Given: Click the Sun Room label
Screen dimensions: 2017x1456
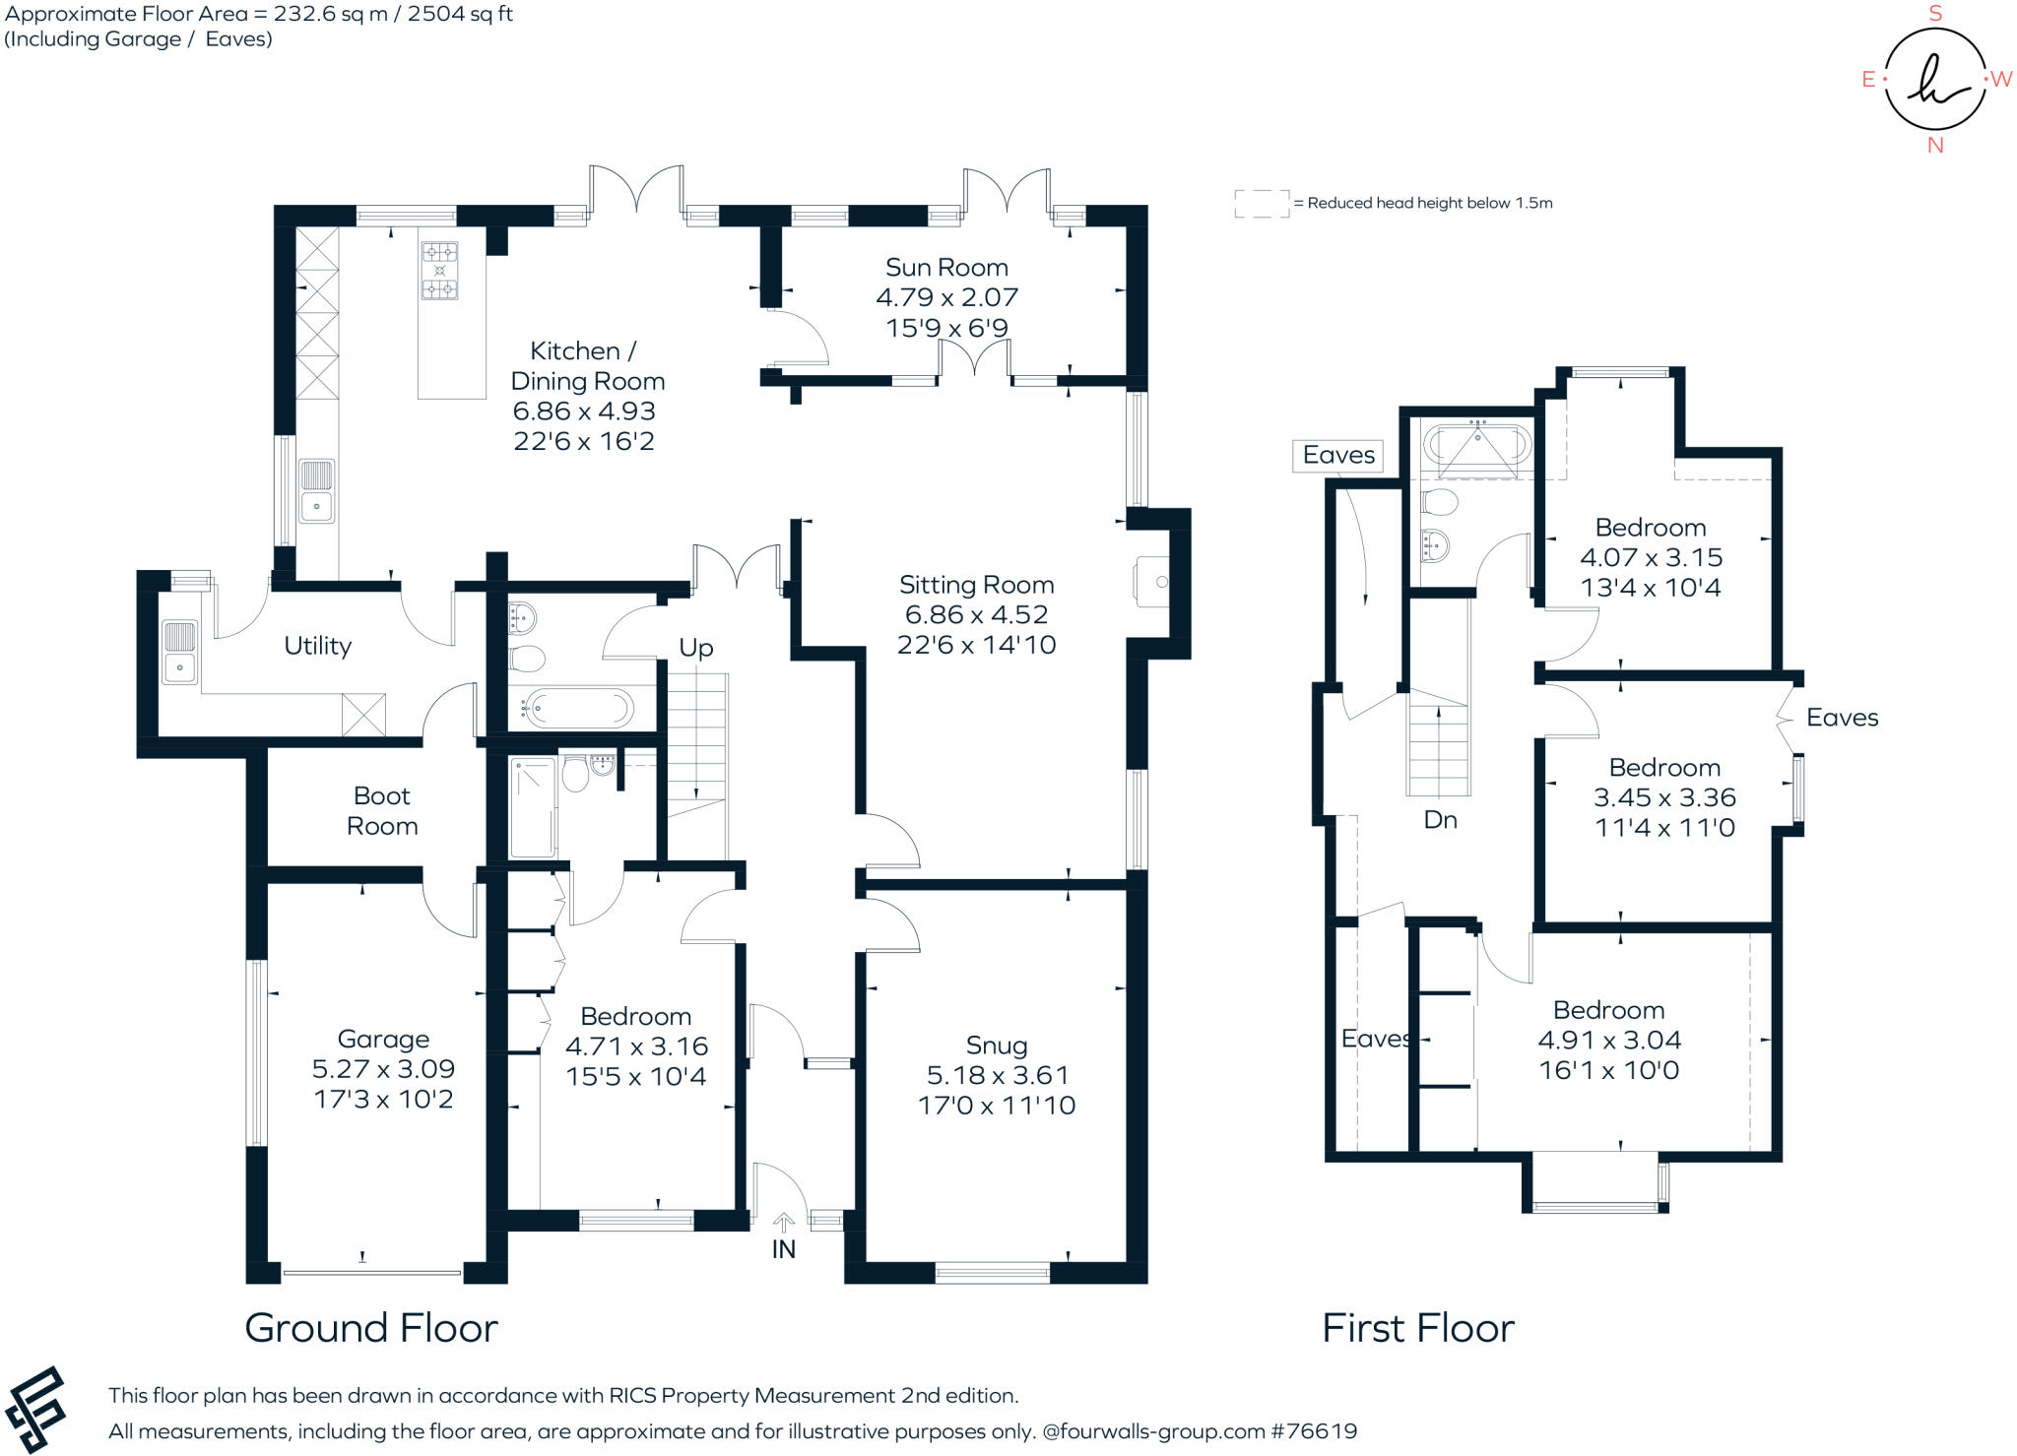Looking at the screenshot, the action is tap(946, 267).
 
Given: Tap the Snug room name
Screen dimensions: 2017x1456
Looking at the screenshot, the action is tap(996, 1045).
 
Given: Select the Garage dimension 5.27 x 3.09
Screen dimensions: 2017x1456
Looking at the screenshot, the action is tap(383, 1069).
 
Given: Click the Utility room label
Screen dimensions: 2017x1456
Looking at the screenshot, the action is tap(317, 646).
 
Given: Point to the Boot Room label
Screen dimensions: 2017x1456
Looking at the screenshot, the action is tap(382, 810).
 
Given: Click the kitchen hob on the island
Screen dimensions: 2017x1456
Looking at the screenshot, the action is tap(439, 270).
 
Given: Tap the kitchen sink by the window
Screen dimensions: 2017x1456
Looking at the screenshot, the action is tap(316, 491).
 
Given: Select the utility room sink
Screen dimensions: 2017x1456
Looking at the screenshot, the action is tap(179, 652).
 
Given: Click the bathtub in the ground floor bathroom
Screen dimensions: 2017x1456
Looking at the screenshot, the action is tap(578, 707).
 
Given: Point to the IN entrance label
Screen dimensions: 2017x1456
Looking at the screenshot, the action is tap(783, 1249).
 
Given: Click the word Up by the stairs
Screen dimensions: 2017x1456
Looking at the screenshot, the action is tap(695, 648).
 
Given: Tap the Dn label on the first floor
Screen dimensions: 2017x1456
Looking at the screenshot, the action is tap(1440, 819).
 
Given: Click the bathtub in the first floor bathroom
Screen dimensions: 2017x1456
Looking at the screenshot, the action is tap(1477, 446).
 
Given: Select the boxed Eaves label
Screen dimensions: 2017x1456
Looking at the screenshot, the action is tap(1337, 455).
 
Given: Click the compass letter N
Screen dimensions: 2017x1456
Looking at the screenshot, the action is tap(1935, 146).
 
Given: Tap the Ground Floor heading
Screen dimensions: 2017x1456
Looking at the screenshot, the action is tap(371, 1328).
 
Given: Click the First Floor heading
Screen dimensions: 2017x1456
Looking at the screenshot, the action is tap(1417, 1328).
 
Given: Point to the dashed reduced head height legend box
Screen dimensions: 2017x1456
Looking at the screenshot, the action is tap(1262, 203).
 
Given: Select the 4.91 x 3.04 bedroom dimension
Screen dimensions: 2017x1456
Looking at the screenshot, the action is tap(1609, 1040).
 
